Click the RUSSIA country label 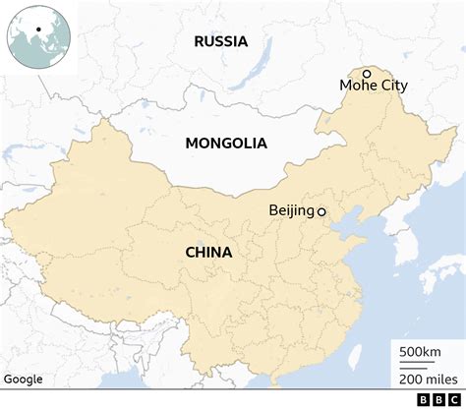point(220,41)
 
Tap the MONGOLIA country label point(226,143)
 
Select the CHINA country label point(208,252)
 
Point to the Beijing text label point(290,210)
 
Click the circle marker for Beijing point(321,211)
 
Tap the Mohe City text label point(373,86)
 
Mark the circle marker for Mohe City point(366,72)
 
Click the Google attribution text point(23,380)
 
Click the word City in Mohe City point(392,86)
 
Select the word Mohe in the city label point(358,86)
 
